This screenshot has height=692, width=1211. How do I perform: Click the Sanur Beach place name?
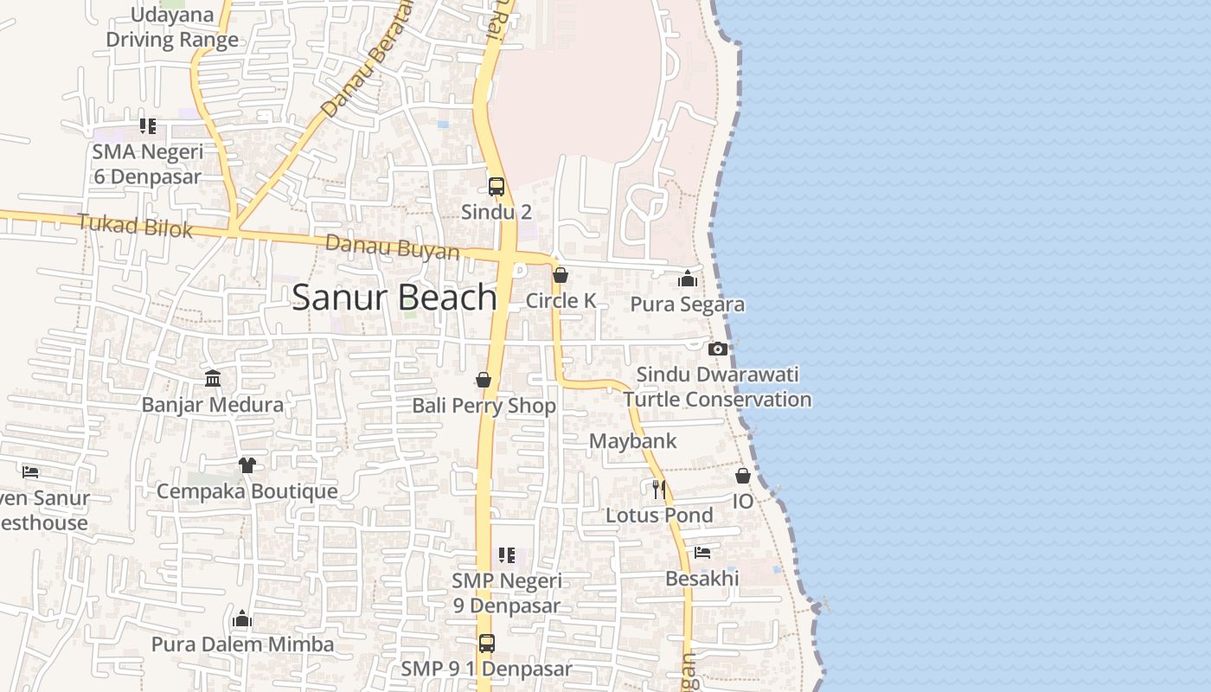[x=394, y=298]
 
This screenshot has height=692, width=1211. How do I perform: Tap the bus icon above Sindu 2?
[x=497, y=186]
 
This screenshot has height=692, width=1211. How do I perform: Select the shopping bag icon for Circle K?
[x=561, y=275]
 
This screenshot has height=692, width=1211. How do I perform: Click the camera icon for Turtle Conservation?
[x=717, y=349]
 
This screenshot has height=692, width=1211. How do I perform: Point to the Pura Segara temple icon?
[x=688, y=279]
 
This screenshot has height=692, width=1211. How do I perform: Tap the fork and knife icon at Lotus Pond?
[x=659, y=490]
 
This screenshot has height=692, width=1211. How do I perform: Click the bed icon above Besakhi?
[x=702, y=553]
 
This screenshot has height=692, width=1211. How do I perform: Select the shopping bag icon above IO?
[x=743, y=476]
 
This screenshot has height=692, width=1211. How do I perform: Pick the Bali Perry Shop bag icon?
[x=484, y=380]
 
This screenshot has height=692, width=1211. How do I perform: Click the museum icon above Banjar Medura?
[x=213, y=379]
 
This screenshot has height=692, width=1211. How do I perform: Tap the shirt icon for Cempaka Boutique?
[x=247, y=465]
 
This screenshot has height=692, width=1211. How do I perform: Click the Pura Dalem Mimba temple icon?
[x=242, y=618]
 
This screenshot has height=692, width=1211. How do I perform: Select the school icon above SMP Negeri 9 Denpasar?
[x=507, y=554]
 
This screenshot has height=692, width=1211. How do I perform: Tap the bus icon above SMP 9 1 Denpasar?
[x=487, y=644]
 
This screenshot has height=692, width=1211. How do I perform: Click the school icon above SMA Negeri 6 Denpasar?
[x=148, y=126]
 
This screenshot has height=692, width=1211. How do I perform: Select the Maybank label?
[x=632, y=441]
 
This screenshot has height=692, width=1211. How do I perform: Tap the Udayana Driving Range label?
[x=172, y=28]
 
